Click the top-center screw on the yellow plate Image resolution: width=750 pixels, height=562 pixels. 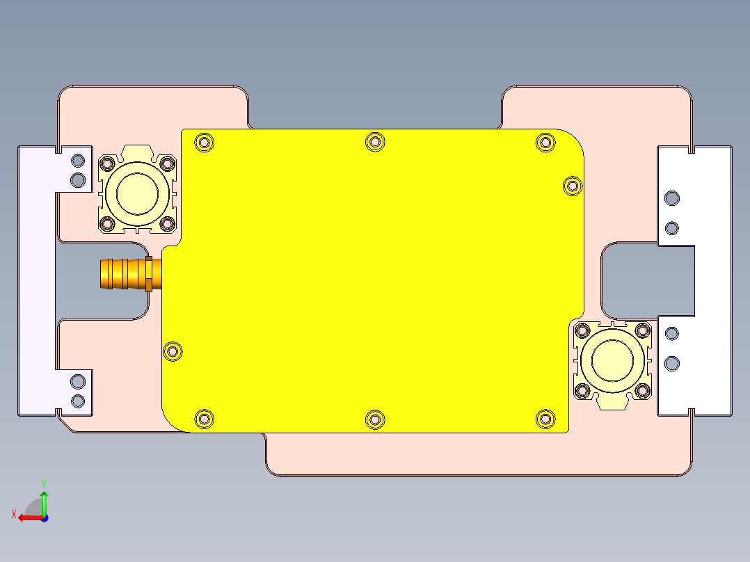[x=375, y=142]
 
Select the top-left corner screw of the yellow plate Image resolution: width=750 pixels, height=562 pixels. [x=204, y=143]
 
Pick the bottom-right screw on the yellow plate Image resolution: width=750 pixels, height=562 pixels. [x=545, y=419]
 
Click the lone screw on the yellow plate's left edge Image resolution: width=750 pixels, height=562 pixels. [x=172, y=352]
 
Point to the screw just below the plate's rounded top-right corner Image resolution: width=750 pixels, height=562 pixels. [x=572, y=186]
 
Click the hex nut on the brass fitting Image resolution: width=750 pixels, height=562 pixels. [x=149, y=274]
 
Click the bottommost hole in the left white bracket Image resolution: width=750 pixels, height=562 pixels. [x=78, y=401]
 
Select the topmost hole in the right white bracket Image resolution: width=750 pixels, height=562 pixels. [x=671, y=199]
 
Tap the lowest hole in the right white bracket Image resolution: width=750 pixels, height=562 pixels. [x=671, y=363]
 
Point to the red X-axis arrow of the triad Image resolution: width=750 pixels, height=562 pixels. [x=28, y=517]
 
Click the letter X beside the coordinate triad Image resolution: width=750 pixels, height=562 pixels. [x=13, y=515]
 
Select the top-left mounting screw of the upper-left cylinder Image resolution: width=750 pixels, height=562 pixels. [x=107, y=164]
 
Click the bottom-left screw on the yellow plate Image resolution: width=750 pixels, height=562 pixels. [x=204, y=419]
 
